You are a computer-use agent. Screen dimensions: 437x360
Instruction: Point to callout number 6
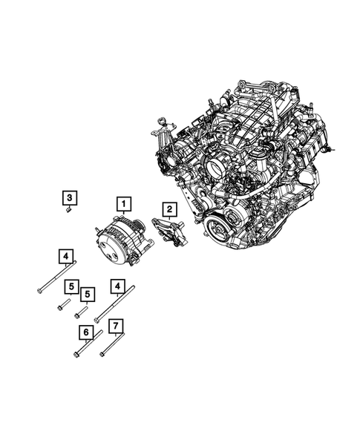(x=86, y=332)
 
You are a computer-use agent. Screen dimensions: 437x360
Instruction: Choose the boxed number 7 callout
(x=115, y=326)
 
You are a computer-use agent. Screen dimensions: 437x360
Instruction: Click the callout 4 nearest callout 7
(x=117, y=285)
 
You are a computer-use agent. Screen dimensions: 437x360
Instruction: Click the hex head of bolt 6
(x=77, y=356)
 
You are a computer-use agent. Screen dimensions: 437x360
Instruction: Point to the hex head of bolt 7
(x=102, y=355)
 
